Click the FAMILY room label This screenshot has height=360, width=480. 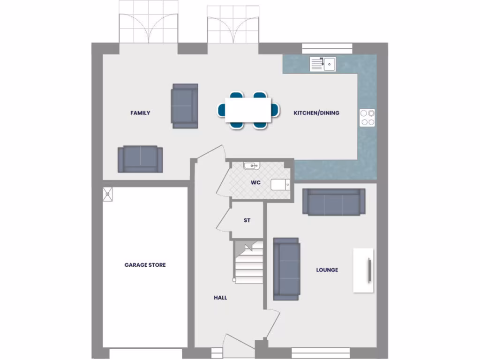coord(140,113)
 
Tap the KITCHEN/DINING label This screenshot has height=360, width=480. coord(316,113)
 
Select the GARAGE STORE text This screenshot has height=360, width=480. coord(145,265)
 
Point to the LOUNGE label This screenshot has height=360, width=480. coord(327,270)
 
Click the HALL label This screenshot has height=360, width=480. coord(220,298)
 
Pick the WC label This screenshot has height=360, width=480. coord(255,183)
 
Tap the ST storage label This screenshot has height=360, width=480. coord(247,220)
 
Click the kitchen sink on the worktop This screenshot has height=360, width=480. coord(323,64)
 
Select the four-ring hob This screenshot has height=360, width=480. coord(367,117)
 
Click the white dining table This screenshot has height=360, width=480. coord(248,110)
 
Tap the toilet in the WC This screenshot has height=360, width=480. coord(280,185)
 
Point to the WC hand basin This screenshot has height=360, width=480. coord(251,165)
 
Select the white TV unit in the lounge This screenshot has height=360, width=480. coord(363,270)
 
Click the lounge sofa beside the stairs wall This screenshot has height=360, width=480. coord(286,269)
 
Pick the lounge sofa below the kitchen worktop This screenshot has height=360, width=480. coord(334,202)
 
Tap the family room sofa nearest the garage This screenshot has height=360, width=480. coord(140,159)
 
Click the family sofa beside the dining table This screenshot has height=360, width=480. coord(185,105)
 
